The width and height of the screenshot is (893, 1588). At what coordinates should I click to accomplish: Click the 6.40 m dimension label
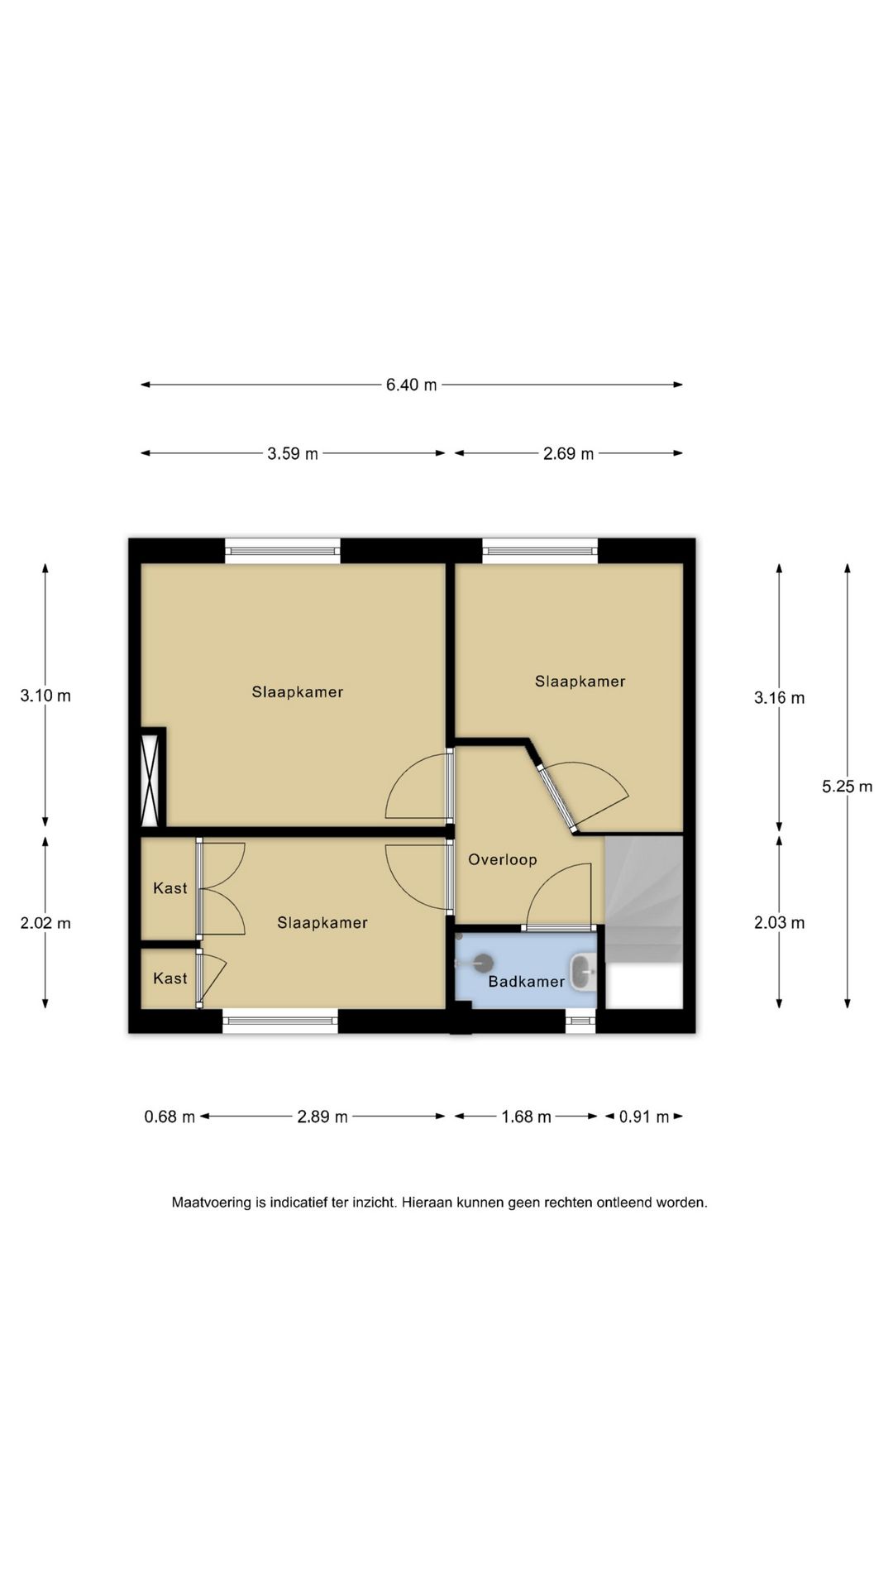point(411,385)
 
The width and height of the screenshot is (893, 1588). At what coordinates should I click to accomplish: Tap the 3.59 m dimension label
point(293,453)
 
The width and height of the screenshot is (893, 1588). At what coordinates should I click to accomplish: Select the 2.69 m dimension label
point(568,453)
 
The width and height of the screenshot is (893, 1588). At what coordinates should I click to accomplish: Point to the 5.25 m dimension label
point(847,787)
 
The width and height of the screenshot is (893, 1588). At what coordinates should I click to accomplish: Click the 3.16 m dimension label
point(779,698)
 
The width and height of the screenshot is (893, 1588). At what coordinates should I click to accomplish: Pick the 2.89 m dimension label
point(322,1117)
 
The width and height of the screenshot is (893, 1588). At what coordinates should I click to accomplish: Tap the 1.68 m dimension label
point(526,1117)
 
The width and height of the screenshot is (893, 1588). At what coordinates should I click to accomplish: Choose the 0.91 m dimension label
point(644,1117)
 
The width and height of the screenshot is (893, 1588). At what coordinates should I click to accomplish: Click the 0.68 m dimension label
point(170,1117)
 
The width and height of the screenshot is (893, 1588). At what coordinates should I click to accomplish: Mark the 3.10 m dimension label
point(45,696)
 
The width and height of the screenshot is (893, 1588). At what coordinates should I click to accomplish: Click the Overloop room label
point(503,859)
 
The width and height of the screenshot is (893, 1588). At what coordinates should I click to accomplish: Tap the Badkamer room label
point(526,982)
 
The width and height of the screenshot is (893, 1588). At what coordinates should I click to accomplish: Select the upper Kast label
point(170,888)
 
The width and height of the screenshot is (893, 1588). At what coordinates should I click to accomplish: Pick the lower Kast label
point(170,978)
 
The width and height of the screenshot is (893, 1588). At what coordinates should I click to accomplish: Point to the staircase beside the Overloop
point(644,899)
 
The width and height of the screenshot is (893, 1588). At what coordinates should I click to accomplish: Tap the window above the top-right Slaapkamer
point(540,551)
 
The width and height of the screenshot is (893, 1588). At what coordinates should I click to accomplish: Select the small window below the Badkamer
point(580,1021)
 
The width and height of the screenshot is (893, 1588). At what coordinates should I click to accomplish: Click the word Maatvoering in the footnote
point(211,1203)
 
